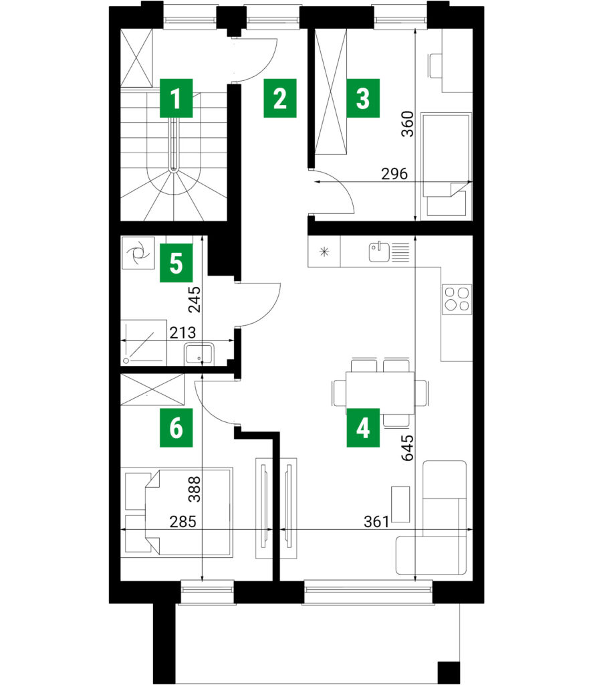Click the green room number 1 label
pos(176,98)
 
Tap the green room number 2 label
pos(280,98)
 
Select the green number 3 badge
pos(363,98)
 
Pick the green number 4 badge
pos(363,427)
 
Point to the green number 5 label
pos(176,263)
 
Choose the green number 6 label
pos(176,427)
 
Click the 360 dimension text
pos(407,124)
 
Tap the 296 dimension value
pos(394,174)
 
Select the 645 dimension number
pos(407,448)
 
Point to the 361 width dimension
pos(376,521)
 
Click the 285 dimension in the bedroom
pos(183,521)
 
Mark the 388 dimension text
pos(195,489)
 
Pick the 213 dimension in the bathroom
pos(183,333)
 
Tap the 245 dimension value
pos(195,299)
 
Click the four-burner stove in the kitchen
pos(457,299)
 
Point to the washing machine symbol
pos(138,252)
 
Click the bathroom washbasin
pos(199,354)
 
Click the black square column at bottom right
pos(449,673)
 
